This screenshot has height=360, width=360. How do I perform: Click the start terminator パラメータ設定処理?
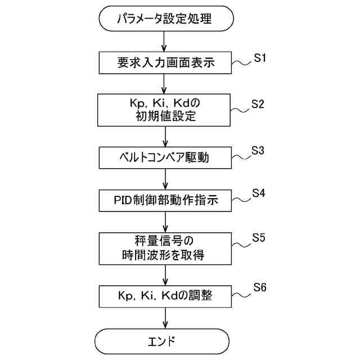click(x=164, y=20)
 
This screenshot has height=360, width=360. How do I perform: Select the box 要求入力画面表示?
click(x=165, y=62)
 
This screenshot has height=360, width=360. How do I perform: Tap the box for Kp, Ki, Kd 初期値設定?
click(x=165, y=110)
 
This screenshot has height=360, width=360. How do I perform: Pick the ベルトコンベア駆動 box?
click(x=165, y=157)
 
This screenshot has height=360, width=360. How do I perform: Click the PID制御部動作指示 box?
click(x=165, y=200)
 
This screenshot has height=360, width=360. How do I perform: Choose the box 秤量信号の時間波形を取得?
click(x=165, y=249)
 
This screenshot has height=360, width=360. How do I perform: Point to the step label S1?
click(x=259, y=58)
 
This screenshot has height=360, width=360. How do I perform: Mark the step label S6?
click(x=259, y=288)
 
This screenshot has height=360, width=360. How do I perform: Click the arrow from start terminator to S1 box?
click(x=165, y=41)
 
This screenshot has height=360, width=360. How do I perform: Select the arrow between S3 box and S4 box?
click(x=165, y=179)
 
